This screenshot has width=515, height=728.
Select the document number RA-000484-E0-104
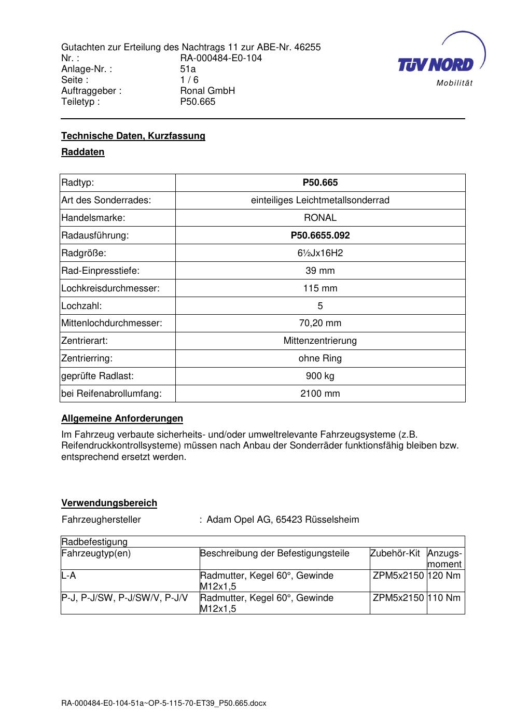pos(221,58)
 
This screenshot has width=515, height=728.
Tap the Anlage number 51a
pos(188,69)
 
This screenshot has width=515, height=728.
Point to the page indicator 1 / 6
pos(189,80)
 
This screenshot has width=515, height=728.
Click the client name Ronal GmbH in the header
pos(207,91)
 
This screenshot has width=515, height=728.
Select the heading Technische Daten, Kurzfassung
pos(133,136)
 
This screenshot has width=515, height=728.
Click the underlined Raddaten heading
pos(83,152)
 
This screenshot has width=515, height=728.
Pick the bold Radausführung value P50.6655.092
pos(320,235)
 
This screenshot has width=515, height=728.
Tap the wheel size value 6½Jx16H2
pos(320,253)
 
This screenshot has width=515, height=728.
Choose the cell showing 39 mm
pos(320,271)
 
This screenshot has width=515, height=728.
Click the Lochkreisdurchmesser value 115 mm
pos(320,288)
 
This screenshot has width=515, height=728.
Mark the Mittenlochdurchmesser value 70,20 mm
pos(320,323)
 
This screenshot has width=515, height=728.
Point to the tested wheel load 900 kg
pos(320,376)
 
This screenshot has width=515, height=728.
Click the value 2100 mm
pos(320,394)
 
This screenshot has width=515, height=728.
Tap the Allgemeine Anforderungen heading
pos(122,418)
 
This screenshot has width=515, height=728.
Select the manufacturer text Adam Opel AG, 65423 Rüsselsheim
pos(283,520)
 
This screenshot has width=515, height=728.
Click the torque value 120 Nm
pos(444,576)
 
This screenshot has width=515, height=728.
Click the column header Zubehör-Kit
pos(395,553)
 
